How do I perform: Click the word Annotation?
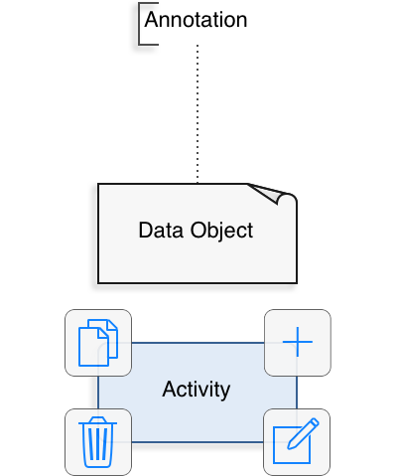[196, 20]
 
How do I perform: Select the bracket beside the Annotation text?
[140, 24]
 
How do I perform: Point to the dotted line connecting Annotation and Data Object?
[198, 113]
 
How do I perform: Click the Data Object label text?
[196, 231]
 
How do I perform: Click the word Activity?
[197, 390]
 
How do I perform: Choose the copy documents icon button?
[98, 343]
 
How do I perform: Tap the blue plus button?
[298, 343]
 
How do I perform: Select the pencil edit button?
[297, 442]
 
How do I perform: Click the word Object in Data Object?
[221, 231]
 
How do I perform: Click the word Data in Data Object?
[161, 231]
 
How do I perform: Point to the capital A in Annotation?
[151, 20]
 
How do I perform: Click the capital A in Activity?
[169, 389]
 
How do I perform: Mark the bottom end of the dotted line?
[198, 182]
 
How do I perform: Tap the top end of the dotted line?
[198, 46]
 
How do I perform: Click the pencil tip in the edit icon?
[289, 448]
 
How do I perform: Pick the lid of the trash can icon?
[97, 420]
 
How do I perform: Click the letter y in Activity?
[225, 393]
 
